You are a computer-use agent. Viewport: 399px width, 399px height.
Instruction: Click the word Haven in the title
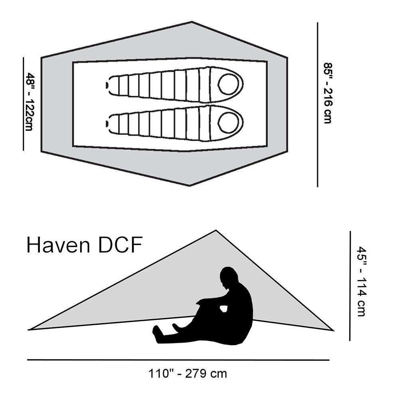point(58,245)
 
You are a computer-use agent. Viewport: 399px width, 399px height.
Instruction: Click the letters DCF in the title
point(120,245)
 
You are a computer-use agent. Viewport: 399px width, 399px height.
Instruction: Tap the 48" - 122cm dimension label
point(30,102)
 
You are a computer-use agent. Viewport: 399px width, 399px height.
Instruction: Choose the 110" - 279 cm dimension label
point(188,374)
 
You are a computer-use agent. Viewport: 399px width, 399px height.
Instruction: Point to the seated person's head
point(229,277)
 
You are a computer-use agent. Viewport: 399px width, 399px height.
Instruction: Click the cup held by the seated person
point(224,308)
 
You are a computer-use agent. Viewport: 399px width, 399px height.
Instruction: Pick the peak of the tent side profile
point(216,230)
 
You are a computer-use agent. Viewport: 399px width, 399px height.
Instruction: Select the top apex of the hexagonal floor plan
point(192,22)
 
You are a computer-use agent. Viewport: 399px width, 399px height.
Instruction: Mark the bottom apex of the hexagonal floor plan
point(190,186)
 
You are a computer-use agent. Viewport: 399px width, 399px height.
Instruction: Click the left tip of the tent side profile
point(28,330)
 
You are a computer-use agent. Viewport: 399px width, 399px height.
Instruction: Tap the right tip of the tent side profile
point(333,331)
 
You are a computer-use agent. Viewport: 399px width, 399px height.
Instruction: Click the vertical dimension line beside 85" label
point(317,105)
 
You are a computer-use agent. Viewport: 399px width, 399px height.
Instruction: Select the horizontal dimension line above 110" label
point(178,360)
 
